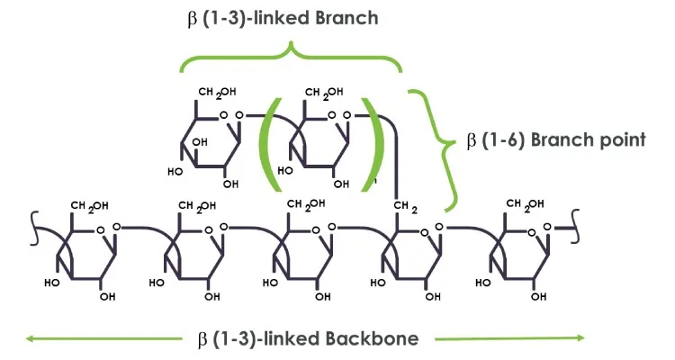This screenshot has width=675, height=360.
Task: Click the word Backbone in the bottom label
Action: [375, 338]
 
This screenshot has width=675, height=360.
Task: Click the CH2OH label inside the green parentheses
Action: [320, 93]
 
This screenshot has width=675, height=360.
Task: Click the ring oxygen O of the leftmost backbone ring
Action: [101, 229]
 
